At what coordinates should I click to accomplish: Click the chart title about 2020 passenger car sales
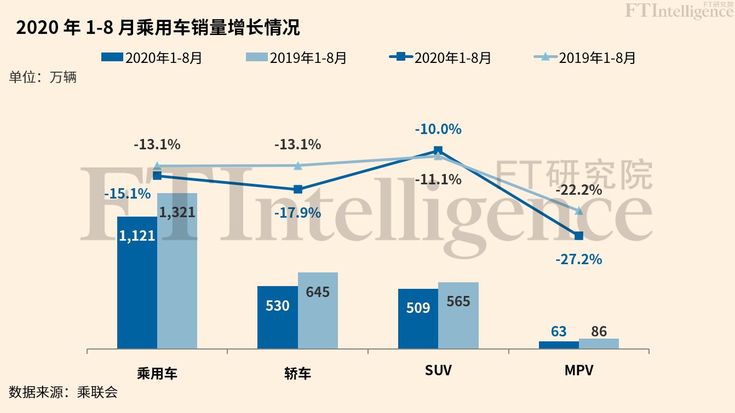tap(158, 27)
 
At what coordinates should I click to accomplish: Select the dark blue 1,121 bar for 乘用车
tap(137, 284)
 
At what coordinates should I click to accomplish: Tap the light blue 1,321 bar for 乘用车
tap(177, 274)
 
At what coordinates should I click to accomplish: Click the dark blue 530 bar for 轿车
tap(278, 317)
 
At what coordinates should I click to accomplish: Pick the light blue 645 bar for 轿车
tap(318, 312)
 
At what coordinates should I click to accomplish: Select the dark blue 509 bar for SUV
tap(418, 320)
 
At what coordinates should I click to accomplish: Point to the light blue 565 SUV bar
tap(458, 317)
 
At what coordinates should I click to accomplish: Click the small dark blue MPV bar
tap(559, 345)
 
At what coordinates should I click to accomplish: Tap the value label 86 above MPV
tap(599, 331)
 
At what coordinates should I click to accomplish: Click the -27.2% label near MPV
tap(578, 259)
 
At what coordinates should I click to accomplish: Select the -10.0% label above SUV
tap(438, 130)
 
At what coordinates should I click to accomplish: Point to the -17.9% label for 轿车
tap(297, 213)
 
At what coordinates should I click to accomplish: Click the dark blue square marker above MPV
tap(579, 236)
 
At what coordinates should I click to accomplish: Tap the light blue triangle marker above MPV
tap(579, 211)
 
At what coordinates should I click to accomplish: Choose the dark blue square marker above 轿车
tap(298, 189)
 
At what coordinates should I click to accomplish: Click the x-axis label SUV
tap(438, 370)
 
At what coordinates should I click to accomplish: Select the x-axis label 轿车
tap(297, 374)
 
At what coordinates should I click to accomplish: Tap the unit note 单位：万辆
tap(43, 77)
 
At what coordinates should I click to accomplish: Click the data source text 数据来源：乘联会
tap(63, 392)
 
